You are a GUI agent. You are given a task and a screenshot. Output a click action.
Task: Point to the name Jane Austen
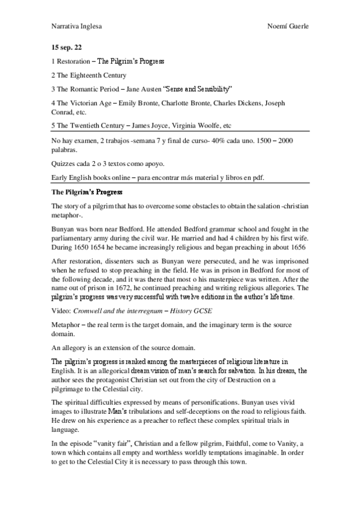click(153, 89)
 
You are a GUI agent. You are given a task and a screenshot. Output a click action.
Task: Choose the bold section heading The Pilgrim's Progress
click(87, 192)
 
